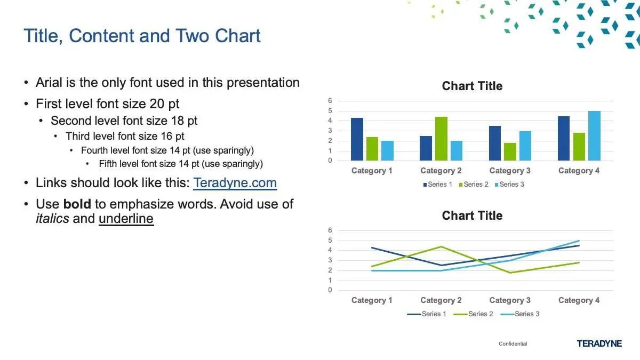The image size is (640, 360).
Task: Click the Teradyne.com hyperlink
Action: click(235, 183)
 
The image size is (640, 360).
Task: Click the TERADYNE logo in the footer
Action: click(599, 343)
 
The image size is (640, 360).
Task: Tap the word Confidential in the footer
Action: click(513, 343)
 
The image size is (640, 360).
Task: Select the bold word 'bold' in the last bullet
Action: click(77, 204)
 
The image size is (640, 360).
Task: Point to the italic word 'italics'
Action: click(52, 219)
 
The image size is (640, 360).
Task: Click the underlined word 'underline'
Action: click(126, 219)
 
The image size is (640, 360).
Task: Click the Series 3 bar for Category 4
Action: click(594, 135)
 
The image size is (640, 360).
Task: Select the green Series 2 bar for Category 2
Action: click(441, 139)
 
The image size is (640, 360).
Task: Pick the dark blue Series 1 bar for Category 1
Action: click(357, 139)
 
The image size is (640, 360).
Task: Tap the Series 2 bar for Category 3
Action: click(510, 151)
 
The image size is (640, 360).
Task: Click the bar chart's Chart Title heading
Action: click(472, 86)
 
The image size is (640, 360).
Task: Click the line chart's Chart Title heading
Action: click(472, 215)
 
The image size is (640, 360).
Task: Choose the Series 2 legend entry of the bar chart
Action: click(474, 185)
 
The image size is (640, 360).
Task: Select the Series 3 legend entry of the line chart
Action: click(520, 314)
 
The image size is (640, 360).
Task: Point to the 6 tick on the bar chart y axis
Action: click(330, 101)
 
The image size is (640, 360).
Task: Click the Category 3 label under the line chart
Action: click(510, 300)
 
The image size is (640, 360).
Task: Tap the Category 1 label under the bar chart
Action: click(372, 171)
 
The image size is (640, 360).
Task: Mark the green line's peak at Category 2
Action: click(441, 246)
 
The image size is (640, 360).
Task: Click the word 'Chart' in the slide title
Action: click(238, 36)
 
